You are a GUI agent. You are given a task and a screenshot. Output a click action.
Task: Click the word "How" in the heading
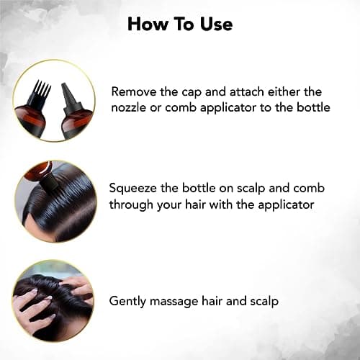click(148, 24)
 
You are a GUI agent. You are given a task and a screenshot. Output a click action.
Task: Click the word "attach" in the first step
click(246, 92)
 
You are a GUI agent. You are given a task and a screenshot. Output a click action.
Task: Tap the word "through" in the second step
click(131, 205)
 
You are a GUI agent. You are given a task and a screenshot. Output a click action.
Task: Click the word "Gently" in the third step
click(127, 302)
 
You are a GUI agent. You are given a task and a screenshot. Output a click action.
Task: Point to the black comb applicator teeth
click(41, 92)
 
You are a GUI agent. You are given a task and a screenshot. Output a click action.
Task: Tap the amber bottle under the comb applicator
click(31, 120)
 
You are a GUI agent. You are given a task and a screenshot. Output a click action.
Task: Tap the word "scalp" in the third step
click(264, 302)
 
